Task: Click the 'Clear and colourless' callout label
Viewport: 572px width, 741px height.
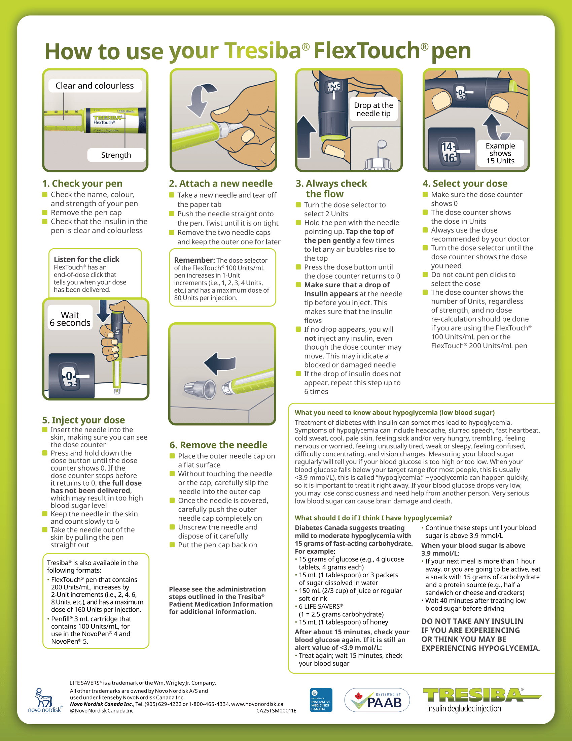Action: coord(95,86)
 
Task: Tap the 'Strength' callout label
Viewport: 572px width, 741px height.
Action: coord(116,155)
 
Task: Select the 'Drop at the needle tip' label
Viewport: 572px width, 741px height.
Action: coord(373,109)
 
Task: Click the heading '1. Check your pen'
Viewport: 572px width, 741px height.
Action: coord(82,184)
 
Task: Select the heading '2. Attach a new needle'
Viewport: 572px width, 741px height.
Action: coord(221,184)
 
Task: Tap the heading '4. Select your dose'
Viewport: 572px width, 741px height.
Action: coord(465,184)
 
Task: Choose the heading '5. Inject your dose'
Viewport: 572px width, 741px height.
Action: coord(83,420)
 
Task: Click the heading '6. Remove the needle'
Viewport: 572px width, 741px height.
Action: coord(219,445)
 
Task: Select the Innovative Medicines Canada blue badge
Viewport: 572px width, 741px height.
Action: coord(321,700)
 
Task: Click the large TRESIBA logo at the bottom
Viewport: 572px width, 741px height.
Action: coord(481,700)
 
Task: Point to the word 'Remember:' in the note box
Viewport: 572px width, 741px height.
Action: coord(194,260)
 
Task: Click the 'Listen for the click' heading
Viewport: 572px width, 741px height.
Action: coord(87,259)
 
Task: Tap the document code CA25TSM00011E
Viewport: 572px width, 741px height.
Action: coord(276,710)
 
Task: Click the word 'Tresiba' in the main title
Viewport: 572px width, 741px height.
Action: coord(263,51)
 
